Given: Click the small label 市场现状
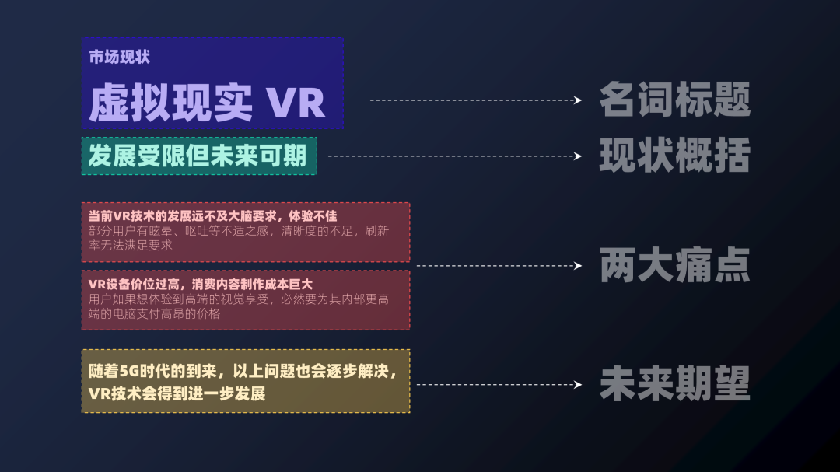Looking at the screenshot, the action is [119, 57].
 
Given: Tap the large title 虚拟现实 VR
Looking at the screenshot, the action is [206, 102].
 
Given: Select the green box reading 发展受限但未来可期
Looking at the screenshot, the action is [198, 156].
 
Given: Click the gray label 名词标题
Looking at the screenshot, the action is [674, 100].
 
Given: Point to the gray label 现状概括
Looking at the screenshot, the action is [674, 156].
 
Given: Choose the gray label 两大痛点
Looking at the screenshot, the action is [674, 266].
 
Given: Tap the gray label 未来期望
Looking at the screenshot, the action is [674, 384].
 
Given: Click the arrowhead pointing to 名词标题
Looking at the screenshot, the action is [577, 100].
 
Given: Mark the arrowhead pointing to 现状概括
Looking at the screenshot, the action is [577, 156].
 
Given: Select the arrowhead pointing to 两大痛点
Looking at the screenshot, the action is [577, 266].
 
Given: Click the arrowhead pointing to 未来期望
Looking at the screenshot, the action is [577, 384].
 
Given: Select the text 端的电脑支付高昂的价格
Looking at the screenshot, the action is [155, 313].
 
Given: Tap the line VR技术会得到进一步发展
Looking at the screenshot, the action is [177, 393].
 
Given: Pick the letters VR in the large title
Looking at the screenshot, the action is [296, 103].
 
